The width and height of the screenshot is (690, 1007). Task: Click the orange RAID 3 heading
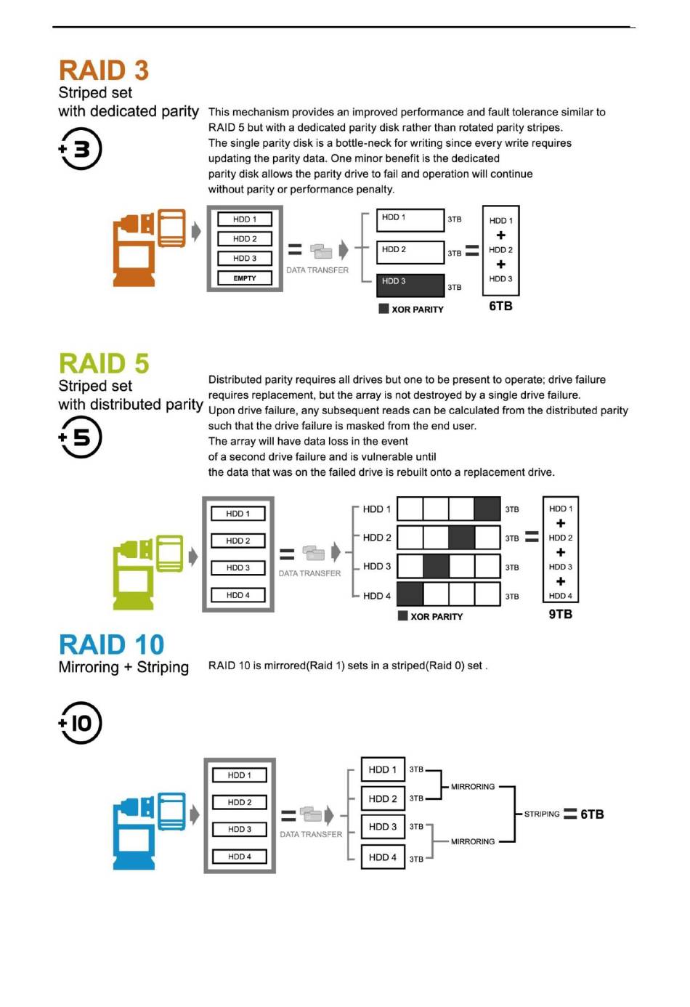point(104,70)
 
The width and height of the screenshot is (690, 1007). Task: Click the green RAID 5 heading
point(104,363)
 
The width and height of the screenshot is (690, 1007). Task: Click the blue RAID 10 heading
point(111,644)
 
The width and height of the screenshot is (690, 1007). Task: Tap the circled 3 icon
point(81,149)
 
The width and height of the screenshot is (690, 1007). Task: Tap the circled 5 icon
point(81,437)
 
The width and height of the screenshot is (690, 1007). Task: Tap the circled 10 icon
point(81,723)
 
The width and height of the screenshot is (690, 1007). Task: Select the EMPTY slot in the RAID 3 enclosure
point(245,278)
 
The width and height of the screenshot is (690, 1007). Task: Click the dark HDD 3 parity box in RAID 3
point(410,285)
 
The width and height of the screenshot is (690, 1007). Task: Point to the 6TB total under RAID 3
point(500,306)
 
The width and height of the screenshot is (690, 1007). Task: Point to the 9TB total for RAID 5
point(560,614)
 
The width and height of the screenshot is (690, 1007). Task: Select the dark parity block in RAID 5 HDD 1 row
point(487,509)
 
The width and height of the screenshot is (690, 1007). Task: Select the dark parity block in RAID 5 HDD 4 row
point(410,594)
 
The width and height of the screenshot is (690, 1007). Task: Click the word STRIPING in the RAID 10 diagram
point(542,814)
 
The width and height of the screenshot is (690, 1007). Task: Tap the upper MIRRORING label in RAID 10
point(472,787)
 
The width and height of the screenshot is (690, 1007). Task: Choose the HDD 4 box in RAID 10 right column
point(383,857)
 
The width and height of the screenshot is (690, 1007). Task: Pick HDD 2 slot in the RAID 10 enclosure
point(240,802)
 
